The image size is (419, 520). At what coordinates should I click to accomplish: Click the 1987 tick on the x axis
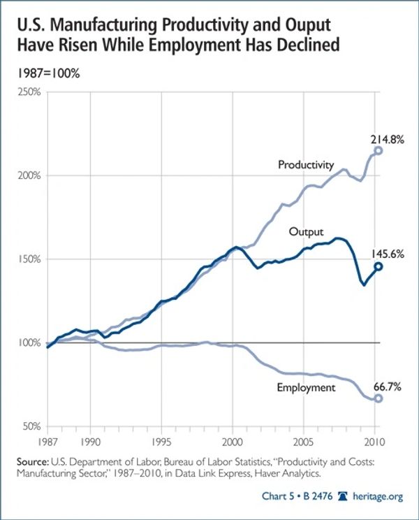pos(47,442)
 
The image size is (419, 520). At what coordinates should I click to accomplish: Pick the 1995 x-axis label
pos(161,442)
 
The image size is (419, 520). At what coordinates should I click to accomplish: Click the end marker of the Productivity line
pos(378,150)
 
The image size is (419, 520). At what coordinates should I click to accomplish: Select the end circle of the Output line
pos(378,266)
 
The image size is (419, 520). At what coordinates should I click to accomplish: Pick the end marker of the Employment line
pos(378,398)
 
